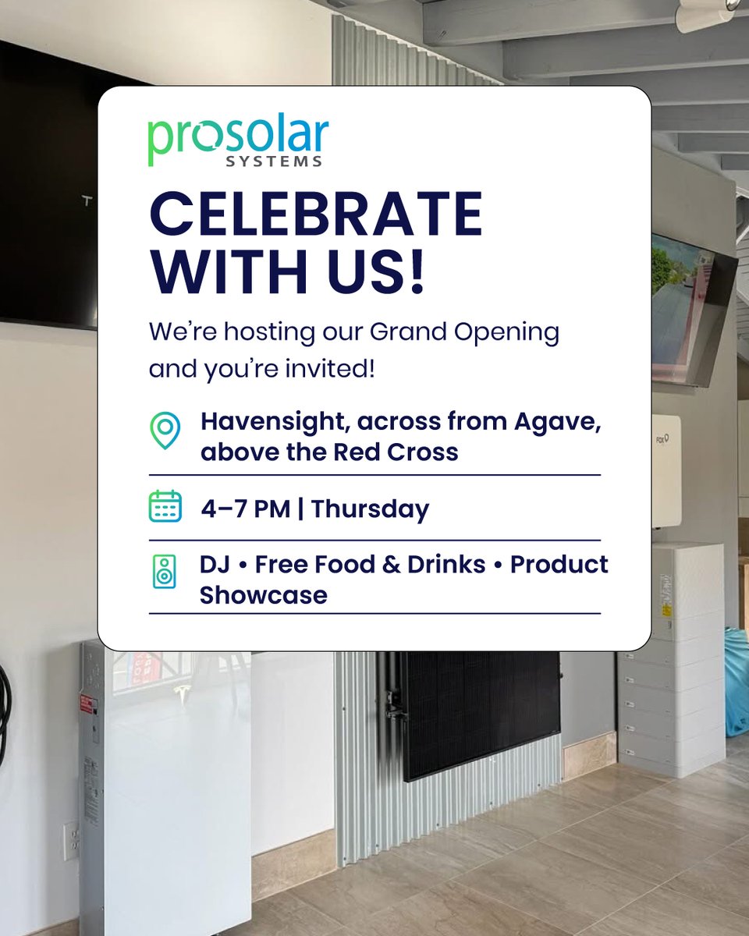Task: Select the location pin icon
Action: (x=165, y=431)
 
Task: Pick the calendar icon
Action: (x=165, y=506)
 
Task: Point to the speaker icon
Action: (x=165, y=572)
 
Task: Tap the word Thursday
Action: (x=371, y=509)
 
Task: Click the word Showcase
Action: (x=263, y=595)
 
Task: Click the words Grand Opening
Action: (x=464, y=332)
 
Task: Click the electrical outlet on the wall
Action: (x=71, y=838)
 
